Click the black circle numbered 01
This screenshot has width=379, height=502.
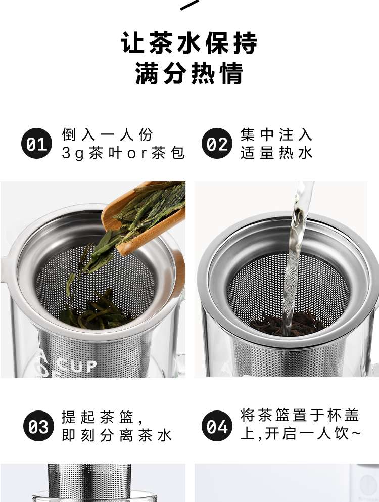pyautogui.click(x=36, y=143)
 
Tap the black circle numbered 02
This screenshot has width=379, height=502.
pyautogui.click(x=217, y=143)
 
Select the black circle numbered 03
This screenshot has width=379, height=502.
pyautogui.click(x=38, y=426)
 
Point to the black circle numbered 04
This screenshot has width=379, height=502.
pyautogui.click(x=217, y=426)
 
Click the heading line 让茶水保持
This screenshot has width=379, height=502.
pyautogui.click(x=189, y=43)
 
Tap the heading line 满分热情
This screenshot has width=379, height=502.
pyautogui.click(x=189, y=73)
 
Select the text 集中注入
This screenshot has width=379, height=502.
pyautogui.click(x=276, y=134)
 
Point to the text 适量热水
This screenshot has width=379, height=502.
pyautogui.click(x=276, y=153)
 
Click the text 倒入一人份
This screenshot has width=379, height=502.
pyautogui.click(x=108, y=134)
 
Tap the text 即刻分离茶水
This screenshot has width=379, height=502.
pyautogui.click(x=117, y=435)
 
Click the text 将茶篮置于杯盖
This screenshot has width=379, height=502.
pyautogui.click(x=300, y=415)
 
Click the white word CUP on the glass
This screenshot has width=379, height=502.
pyautogui.click(x=78, y=366)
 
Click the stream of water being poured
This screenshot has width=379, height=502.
pyautogui.click(x=296, y=256)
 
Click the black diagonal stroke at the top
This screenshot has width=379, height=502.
pyautogui.click(x=189, y=5)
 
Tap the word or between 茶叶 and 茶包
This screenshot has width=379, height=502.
pyautogui.click(x=136, y=154)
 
